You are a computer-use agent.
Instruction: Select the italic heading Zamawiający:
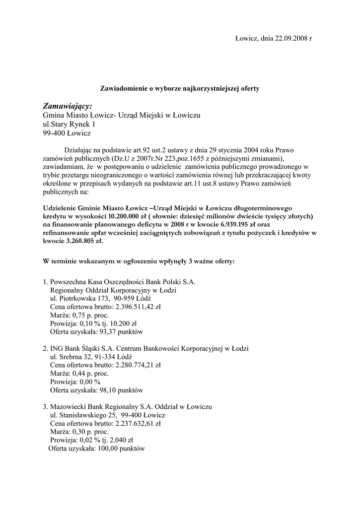(68, 106)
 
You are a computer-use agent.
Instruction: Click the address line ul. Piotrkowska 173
(79, 298)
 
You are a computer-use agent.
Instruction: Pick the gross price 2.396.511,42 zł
(138, 307)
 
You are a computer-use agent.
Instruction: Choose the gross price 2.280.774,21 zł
(138, 365)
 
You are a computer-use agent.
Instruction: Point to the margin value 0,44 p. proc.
(90, 373)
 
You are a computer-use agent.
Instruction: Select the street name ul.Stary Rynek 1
(69, 125)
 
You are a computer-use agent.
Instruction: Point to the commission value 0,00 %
(86, 381)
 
